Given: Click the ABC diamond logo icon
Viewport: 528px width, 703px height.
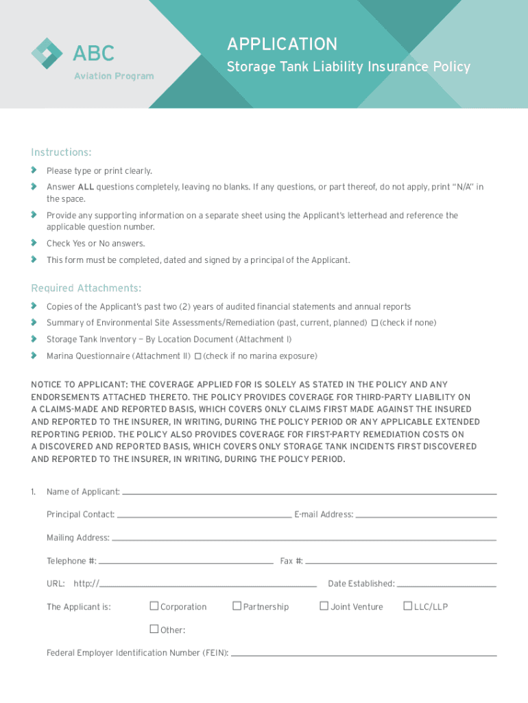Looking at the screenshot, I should point(47,53).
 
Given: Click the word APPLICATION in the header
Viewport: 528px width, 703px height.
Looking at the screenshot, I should point(282,45).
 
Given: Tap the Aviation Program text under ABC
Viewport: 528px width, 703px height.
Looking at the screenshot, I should point(114,76).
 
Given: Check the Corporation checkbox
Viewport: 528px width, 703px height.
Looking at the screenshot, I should point(154,606).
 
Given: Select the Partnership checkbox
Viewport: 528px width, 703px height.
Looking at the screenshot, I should point(237,606).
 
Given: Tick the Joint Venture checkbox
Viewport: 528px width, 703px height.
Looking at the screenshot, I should point(324,606).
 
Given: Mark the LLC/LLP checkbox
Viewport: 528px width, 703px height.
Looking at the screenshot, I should point(407,606).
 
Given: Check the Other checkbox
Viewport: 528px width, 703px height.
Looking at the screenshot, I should point(154,630).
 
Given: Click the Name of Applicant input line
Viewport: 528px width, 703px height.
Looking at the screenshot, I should point(309,492).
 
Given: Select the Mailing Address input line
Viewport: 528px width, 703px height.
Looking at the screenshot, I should point(303,538).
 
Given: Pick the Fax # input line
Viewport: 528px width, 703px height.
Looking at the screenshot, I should point(400,562).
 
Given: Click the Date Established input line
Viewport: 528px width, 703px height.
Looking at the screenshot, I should point(446,584).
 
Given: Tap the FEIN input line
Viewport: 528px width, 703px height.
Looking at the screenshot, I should point(363,654).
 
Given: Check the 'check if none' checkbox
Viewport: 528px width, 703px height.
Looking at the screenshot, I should point(374,323).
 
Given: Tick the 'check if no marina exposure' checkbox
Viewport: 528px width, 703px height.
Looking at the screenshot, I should point(197,356).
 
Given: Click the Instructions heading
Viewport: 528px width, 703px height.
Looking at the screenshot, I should point(61,152).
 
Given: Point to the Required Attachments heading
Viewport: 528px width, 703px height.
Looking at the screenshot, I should point(86,288).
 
